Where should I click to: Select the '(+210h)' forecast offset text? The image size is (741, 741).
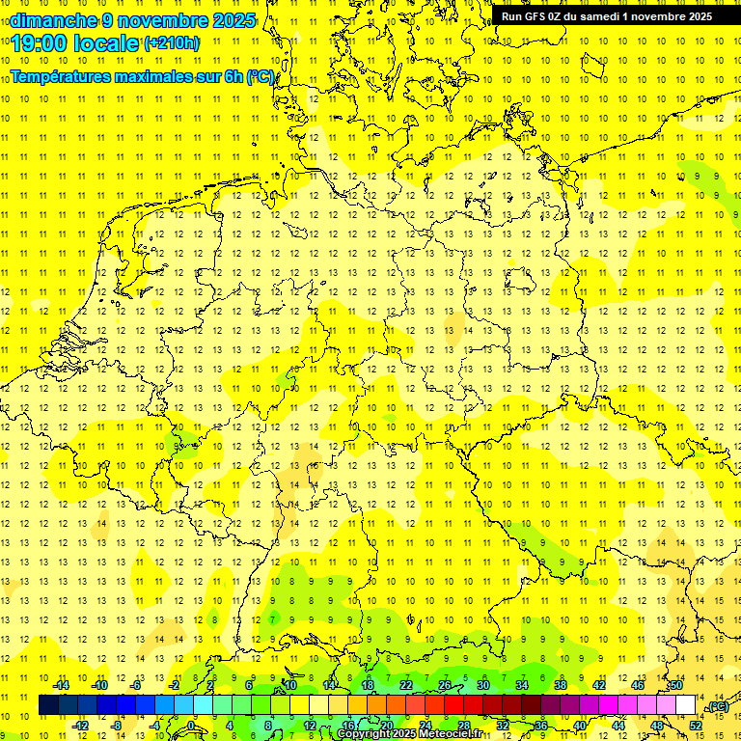tap(172, 43)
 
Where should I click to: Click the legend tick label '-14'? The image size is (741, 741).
tap(62, 684)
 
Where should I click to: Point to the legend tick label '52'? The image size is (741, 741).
tap(695, 726)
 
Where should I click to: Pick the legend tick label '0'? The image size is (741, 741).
tap(191, 726)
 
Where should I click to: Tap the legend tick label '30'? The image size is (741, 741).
tap(482, 684)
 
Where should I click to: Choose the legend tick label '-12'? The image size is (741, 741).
tap(80, 726)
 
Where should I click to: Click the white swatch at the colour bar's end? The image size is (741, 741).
tap(686, 705)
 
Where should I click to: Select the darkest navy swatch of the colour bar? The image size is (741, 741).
tap(48, 705)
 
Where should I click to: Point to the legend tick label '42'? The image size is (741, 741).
tap(598, 684)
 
